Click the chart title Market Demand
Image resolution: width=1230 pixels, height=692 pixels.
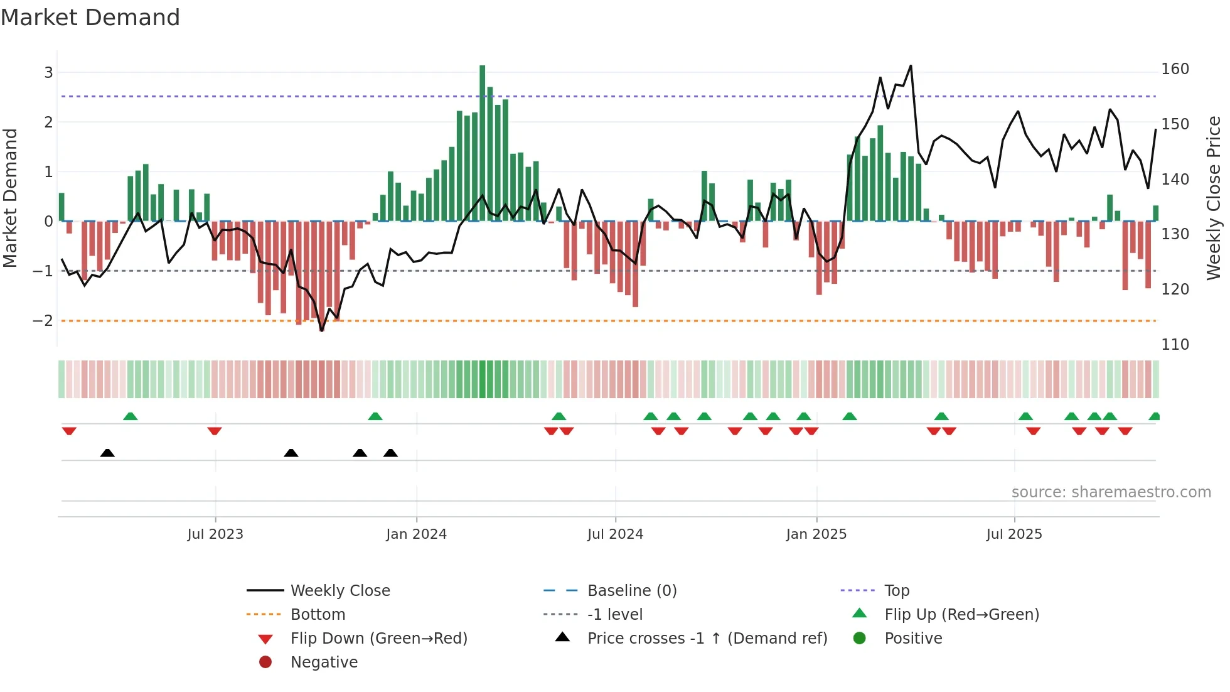click(90, 18)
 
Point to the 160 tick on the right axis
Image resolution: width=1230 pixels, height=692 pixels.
click(1175, 69)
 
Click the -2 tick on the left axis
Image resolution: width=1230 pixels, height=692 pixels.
click(43, 321)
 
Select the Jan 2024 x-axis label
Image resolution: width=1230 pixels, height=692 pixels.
click(416, 534)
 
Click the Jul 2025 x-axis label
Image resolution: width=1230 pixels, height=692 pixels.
click(1013, 534)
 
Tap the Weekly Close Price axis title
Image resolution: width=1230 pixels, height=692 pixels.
click(1214, 198)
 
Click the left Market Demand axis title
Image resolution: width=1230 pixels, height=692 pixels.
click(10, 198)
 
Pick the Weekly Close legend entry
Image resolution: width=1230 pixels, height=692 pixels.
click(340, 591)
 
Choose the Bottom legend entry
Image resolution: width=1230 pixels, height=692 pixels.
click(318, 615)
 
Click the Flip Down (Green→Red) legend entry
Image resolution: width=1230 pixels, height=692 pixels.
click(378, 639)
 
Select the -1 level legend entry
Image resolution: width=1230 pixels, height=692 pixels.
click(614, 615)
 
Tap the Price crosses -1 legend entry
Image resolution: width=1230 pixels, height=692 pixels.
click(707, 639)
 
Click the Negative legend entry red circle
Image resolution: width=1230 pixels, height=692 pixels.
click(265, 662)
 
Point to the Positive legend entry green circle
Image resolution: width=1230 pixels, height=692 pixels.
click(860, 639)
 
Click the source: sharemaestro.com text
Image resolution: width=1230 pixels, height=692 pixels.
click(1111, 492)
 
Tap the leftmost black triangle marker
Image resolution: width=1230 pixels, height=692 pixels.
click(107, 453)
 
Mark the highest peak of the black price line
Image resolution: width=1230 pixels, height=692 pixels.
click(911, 66)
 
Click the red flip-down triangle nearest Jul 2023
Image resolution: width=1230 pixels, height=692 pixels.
click(215, 431)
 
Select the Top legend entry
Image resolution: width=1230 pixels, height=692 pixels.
click(896, 591)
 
